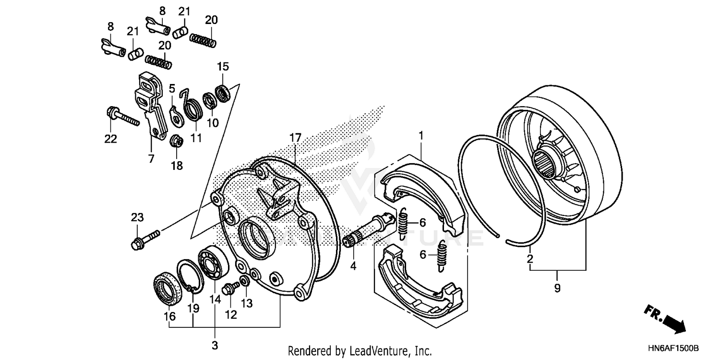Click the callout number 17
295,138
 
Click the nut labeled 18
176,141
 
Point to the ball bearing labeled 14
213,262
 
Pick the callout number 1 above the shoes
421,136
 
